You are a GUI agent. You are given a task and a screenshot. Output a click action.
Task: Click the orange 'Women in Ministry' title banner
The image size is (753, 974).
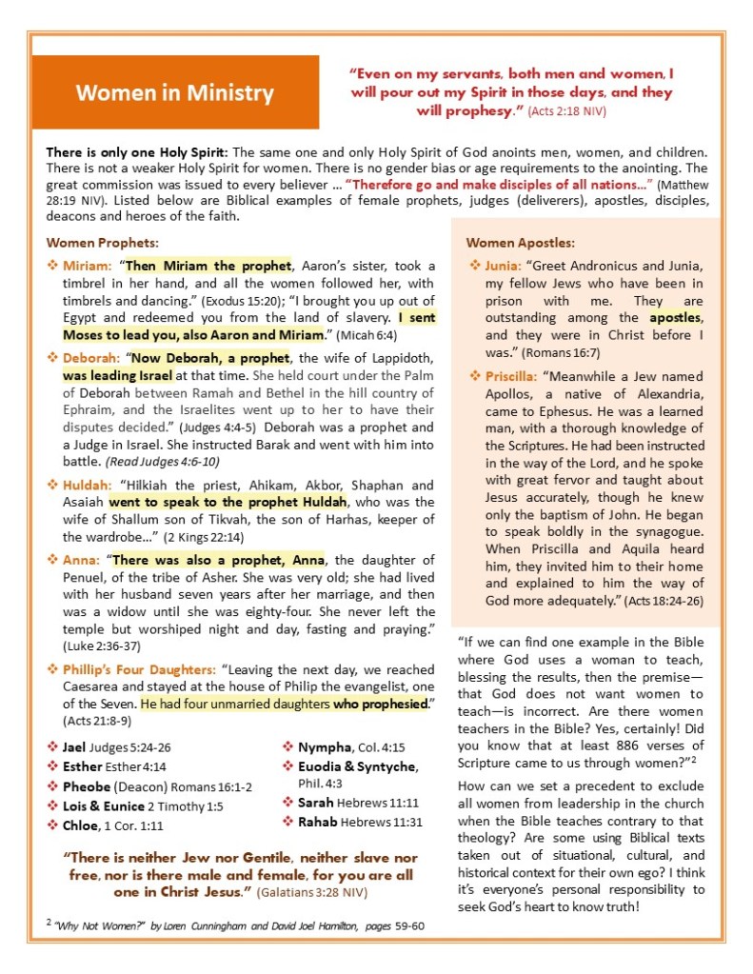[175, 92]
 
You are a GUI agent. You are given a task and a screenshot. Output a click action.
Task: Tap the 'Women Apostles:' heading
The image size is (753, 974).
[520, 243]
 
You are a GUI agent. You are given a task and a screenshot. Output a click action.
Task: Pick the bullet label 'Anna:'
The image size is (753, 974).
[83, 560]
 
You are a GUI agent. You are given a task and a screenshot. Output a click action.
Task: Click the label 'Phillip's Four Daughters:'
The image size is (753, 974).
[138, 669]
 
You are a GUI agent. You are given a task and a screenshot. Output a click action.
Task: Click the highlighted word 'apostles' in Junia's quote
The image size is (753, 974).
[675, 317]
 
